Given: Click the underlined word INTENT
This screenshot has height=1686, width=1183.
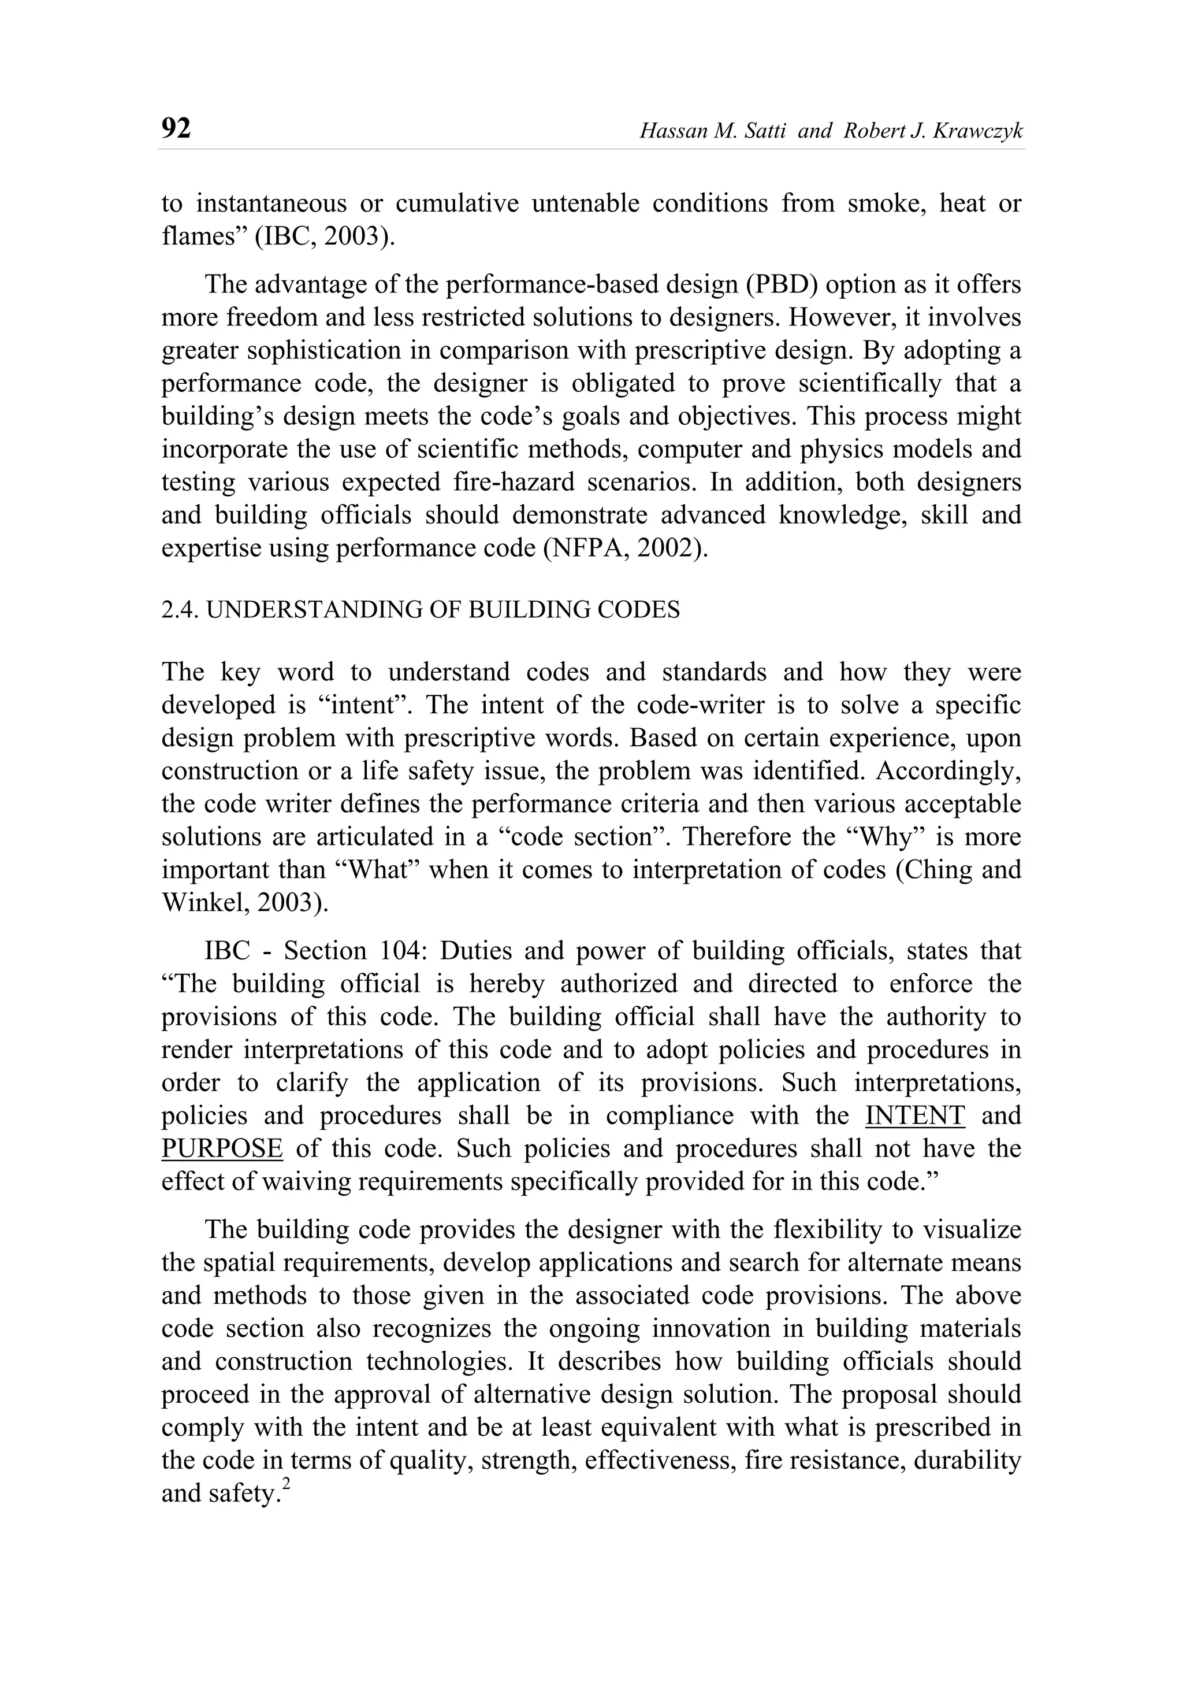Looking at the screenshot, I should [x=915, y=1116].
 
